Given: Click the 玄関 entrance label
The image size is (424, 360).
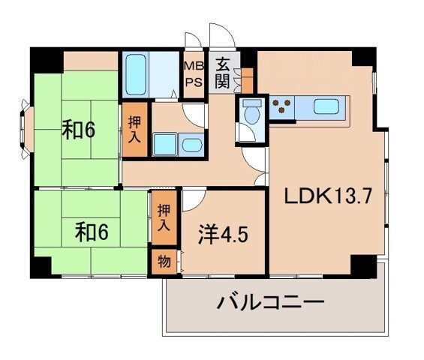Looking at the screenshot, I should [x=221, y=71].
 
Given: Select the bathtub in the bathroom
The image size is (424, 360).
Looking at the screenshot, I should [x=137, y=73].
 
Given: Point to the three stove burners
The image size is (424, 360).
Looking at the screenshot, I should [x=283, y=106].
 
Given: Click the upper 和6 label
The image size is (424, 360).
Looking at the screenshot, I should [x=78, y=130].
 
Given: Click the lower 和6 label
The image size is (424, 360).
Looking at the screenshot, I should [x=92, y=232].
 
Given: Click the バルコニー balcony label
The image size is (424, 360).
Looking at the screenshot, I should [x=271, y=304].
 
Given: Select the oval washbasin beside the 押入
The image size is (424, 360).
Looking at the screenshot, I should [x=191, y=144].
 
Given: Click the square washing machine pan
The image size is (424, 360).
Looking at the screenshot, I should [x=164, y=143].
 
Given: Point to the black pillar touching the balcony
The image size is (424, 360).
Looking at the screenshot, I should [x=363, y=265].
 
